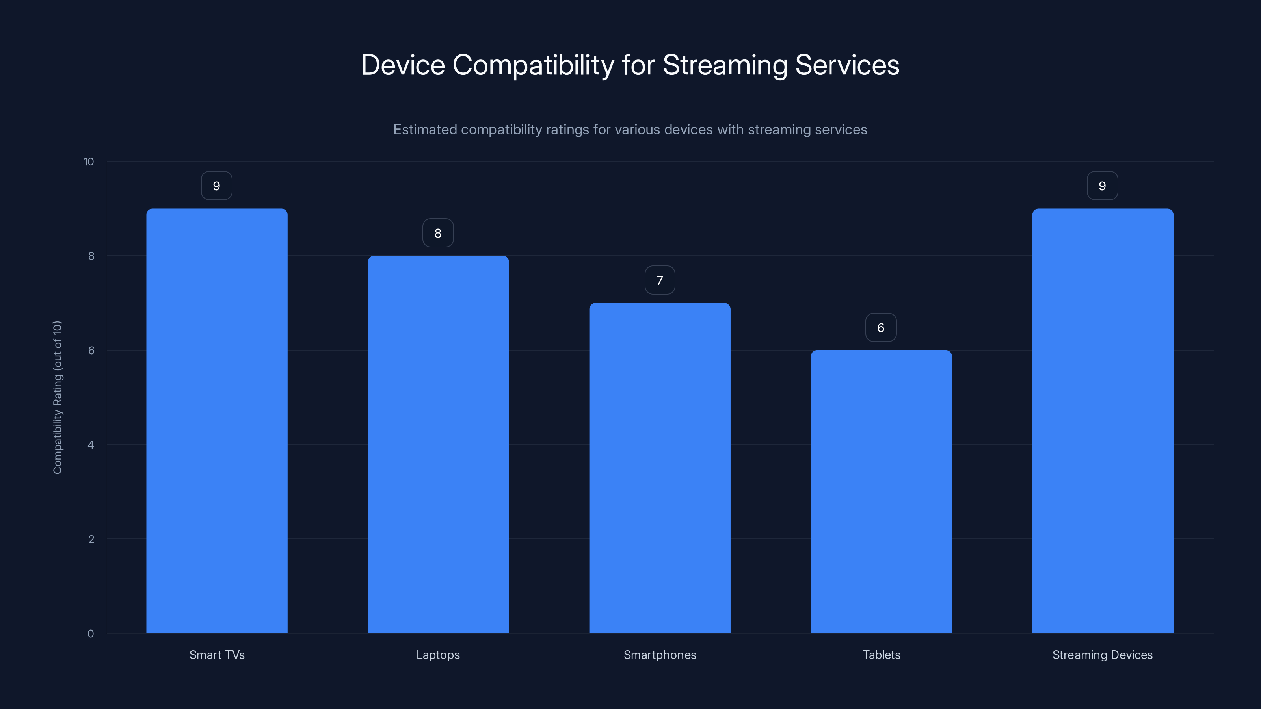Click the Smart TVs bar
217,421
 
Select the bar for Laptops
438,444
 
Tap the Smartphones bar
659,468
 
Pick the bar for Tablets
881,491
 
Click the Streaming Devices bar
1103,421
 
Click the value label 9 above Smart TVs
216,186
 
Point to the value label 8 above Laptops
438,233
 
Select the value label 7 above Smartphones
659,280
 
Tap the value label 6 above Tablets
881,327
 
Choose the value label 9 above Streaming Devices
1102,186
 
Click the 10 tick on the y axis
89,162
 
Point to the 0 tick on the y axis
91,634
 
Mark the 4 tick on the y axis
91,445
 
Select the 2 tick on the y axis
91,539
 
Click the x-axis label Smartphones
659,655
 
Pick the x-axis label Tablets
881,655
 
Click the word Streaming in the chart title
725,65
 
